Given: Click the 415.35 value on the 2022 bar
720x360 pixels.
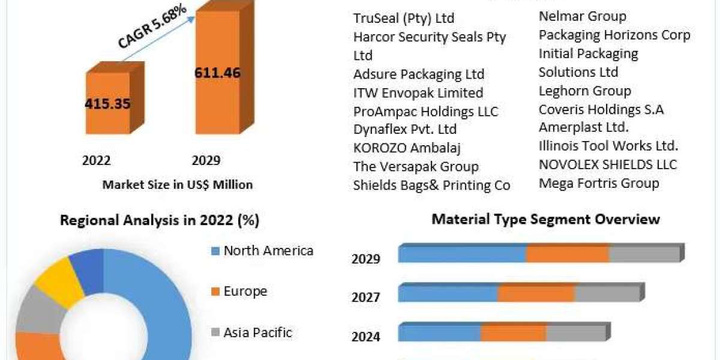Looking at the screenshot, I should pyautogui.click(x=107, y=103).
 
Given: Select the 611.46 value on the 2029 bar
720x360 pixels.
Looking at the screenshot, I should pyautogui.click(x=217, y=73).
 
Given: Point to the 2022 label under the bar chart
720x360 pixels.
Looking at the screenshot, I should pyautogui.click(x=96, y=160).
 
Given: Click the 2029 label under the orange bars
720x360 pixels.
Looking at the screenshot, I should pyautogui.click(x=206, y=160).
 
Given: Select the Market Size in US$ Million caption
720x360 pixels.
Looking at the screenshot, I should pyautogui.click(x=177, y=185).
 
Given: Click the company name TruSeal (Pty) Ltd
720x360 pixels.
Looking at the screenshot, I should pyautogui.click(x=403, y=18).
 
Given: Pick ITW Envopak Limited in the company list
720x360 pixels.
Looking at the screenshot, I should pyautogui.click(x=418, y=93).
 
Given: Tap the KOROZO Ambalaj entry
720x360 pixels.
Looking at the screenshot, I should pyautogui.click(x=407, y=148).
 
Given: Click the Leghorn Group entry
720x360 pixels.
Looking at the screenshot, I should pyautogui.click(x=584, y=91).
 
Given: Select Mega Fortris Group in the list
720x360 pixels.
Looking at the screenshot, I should pyautogui.click(x=598, y=183).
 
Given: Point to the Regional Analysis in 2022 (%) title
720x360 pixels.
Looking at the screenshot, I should pyautogui.click(x=160, y=221).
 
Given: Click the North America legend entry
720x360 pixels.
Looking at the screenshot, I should pyautogui.click(x=268, y=251).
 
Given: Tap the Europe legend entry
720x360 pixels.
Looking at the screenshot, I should pyautogui.click(x=245, y=292).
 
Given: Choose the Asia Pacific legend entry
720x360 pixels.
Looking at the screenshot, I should pyautogui.click(x=257, y=332).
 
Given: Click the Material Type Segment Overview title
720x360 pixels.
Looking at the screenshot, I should pyautogui.click(x=545, y=220).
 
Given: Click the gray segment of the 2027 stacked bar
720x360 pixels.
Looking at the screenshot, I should pyautogui.click(x=607, y=293).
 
